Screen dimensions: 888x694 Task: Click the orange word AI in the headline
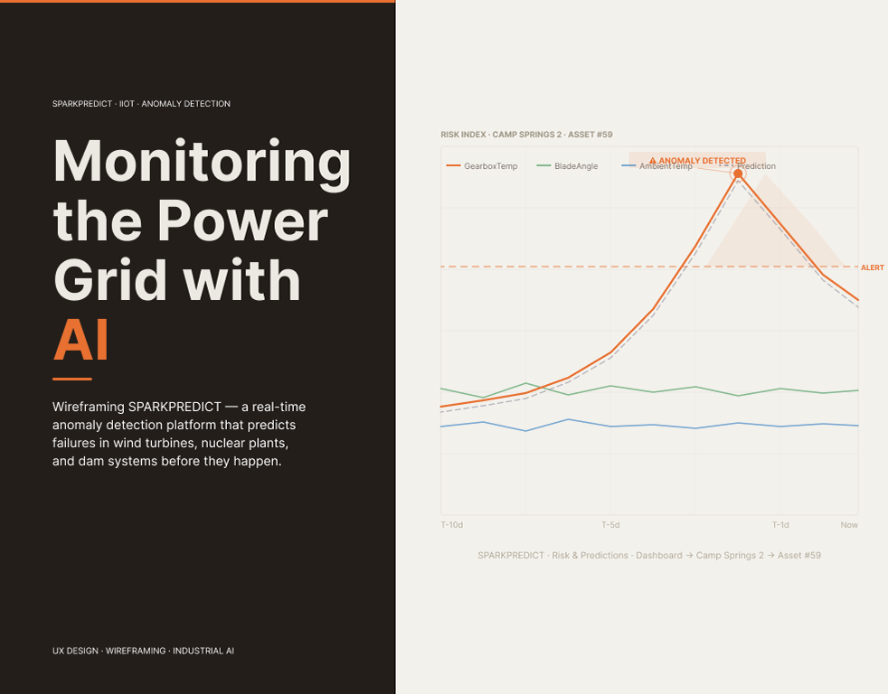coord(81,340)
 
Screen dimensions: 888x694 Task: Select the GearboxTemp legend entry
coord(482,166)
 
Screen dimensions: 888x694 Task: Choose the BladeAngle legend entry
coord(567,166)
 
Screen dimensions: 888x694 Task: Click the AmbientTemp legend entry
coord(657,166)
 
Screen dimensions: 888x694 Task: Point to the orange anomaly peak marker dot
coord(738,173)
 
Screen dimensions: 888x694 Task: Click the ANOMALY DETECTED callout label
coord(698,161)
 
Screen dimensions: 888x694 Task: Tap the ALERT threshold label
coord(872,267)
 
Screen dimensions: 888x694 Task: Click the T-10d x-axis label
coord(452,525)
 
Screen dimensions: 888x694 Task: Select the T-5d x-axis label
coord(610,525)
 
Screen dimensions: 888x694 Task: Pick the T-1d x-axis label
coord(780,525)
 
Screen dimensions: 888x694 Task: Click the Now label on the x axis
coord(849,525)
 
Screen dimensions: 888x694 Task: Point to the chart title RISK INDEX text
coord(463,134)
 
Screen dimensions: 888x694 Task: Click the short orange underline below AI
coord(72,379)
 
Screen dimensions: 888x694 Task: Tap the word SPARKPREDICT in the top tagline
coord(82,104)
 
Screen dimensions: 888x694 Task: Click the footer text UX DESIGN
coord(75,651)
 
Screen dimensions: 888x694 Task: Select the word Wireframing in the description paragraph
coord(89,407)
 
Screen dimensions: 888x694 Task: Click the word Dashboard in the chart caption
coord(659,556)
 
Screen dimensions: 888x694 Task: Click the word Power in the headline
coord(242,220)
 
